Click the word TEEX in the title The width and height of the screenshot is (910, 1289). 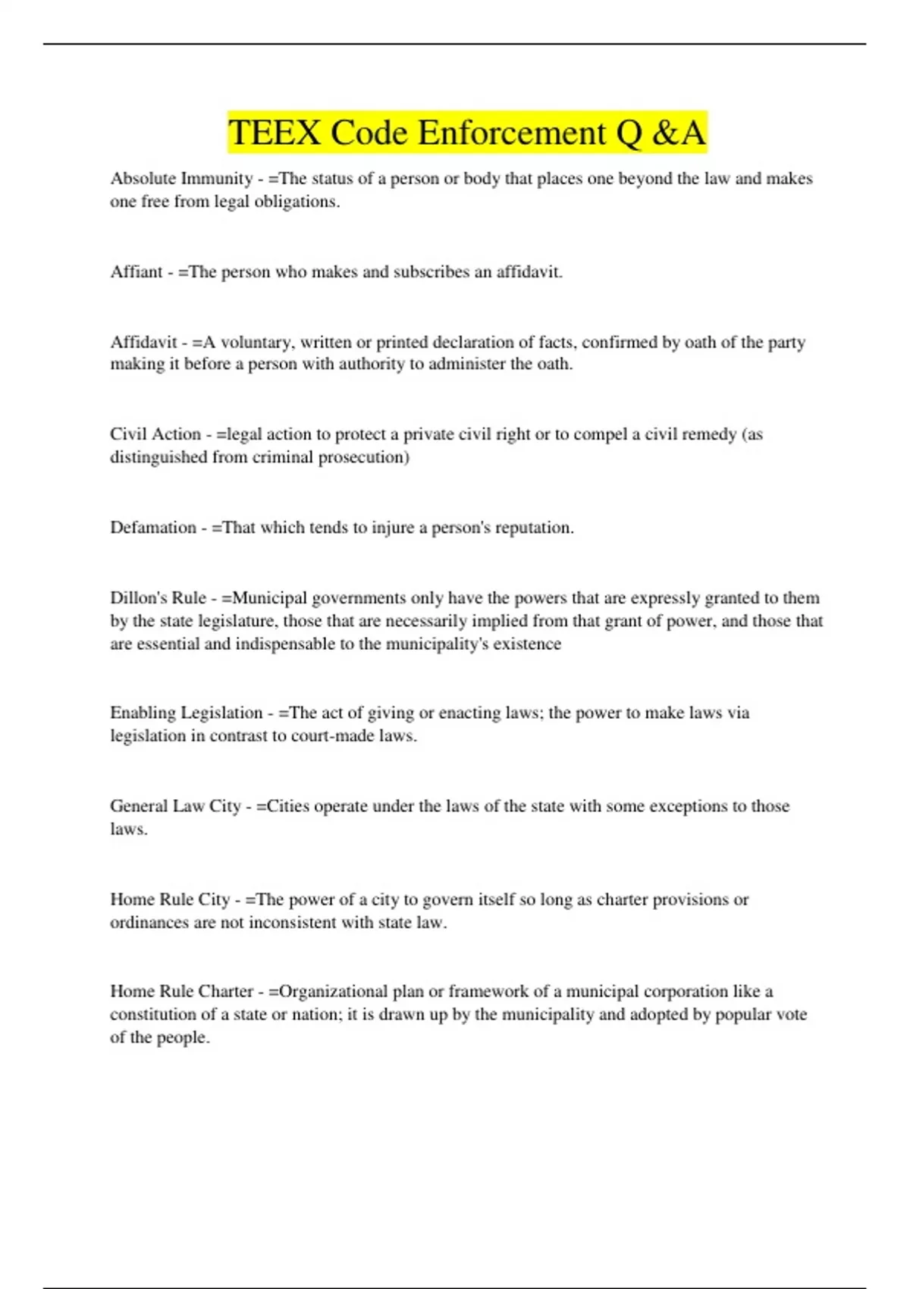(x=275, y=133)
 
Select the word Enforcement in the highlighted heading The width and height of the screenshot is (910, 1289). (x=513, y=133)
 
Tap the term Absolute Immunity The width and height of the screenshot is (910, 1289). (x=181, y=179)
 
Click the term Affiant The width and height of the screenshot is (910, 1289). (x=136, y=272)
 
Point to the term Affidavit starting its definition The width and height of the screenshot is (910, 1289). (x=143, y=343)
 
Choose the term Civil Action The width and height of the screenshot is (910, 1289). (x=155, y=434)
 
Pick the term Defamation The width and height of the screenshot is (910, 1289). (x=153, y=528)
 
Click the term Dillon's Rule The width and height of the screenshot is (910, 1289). (x=158, y=598)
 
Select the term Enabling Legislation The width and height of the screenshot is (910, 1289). (x=186, y=713)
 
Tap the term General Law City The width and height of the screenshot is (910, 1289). (x=175, y=806)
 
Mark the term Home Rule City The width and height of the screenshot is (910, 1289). (x=170, y=899)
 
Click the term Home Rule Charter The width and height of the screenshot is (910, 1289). (x=181, y=992)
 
